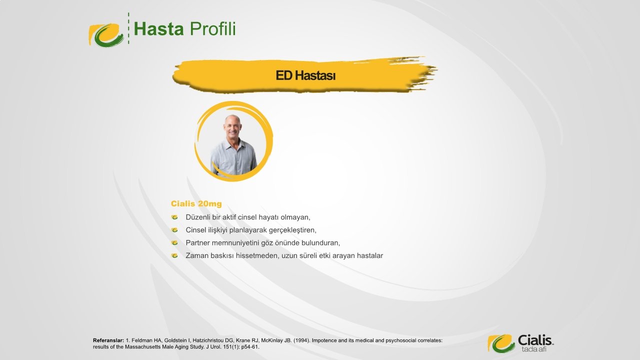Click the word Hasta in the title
tap(158, 29)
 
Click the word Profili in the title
tap(213, 29)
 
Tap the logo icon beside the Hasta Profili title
tap(106, 35)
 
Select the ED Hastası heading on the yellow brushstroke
tap(305, 75)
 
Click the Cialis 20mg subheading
tap(196, 203)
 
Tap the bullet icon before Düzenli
tap(174, 217)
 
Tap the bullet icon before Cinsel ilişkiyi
tap(174, 230)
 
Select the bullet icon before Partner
tap(174, 243)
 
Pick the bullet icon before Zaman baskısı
tap(174, 255)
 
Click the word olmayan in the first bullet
tap(294, 217)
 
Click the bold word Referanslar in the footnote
tap(108, 340)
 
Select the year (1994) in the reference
tap(301, 340)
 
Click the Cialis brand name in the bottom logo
tap(535, 340)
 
